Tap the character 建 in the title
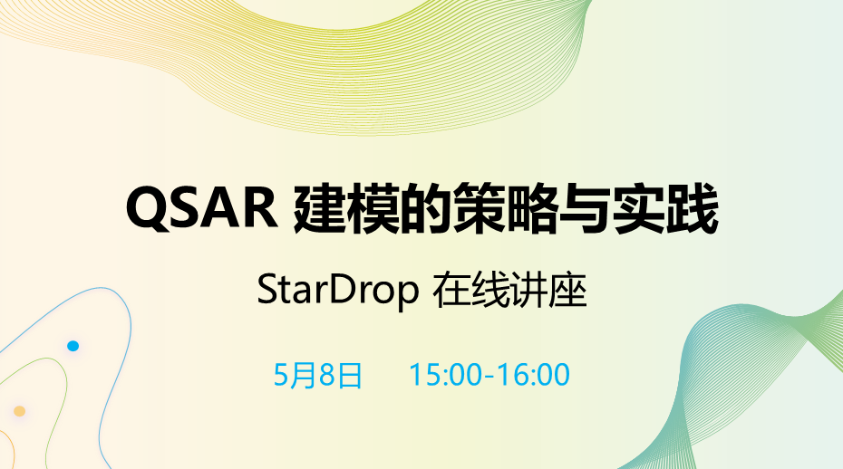click(319, 209)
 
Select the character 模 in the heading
click(373, 209)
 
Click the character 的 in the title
click(426, 209)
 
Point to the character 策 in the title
click(479, 209)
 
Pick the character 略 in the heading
click(532, 209)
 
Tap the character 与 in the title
click(586, 209)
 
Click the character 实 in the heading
click(639, 209)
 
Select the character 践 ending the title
click(693, 209)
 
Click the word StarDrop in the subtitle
click(337, 292)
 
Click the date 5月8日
click(318, 375)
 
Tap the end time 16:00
click(533, 375)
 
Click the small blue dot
click(73, 346)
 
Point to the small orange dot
click(19, 412)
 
